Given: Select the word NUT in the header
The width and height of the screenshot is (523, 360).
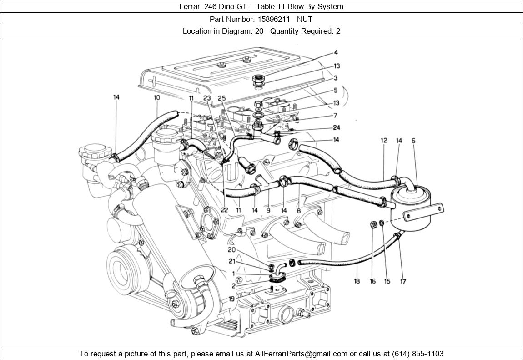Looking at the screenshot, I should point(305,19).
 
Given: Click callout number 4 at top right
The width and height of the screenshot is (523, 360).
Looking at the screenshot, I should point(336,53).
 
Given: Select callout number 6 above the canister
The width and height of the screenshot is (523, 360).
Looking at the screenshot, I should point(413,141).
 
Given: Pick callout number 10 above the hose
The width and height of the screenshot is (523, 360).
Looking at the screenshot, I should point(157,97).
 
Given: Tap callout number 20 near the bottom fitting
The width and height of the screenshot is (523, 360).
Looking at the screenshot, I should point(231,250).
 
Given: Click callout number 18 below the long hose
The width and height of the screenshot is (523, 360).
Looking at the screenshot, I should point(357,281).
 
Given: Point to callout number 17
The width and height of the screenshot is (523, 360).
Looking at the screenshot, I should point(403,281).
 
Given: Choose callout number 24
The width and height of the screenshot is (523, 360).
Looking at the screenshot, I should point(336,128).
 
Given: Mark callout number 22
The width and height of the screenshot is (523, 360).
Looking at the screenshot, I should point(224,210).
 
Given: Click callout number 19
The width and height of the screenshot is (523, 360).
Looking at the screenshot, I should point(231,299).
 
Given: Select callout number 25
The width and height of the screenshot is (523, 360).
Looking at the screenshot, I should point(221,98).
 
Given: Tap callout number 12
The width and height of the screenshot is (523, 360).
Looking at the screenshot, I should point(383,141).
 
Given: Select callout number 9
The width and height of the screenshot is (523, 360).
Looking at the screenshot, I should point(268,210).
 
